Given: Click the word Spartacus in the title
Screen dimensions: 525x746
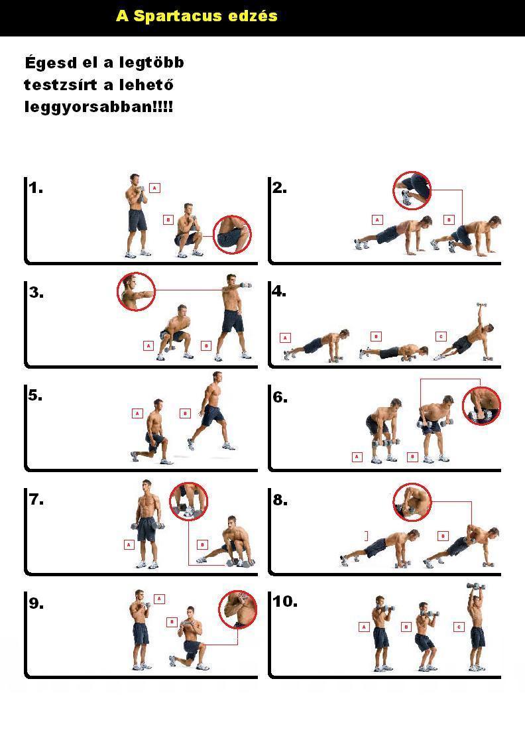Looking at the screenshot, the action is click(x=178, y=16).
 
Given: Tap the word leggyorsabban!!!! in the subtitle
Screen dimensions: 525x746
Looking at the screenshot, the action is click(x=98, y=107).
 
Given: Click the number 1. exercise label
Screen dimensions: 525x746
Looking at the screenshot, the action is click(x=36, y=188).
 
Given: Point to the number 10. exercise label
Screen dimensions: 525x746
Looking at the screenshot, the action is click(x=285, y=601).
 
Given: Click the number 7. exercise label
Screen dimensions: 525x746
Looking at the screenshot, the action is click(x=36, y=499).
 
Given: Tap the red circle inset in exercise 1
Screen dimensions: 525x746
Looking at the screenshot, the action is click(x=232, y=234).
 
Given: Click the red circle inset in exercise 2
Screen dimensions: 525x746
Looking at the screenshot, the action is click(x=412, y=190).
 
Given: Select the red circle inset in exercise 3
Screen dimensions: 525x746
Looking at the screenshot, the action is click(x=136, y=292).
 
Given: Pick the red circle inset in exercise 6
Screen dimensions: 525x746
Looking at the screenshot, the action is click(x=482, y=406).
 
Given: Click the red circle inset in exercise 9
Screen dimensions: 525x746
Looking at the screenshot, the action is click(x=238, y=609).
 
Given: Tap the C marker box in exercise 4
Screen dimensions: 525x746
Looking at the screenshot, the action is click(x=441, y=336).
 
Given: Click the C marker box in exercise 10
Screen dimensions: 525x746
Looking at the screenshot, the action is click(x=459, y=627).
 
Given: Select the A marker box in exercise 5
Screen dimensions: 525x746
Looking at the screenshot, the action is click(x=137, y=413).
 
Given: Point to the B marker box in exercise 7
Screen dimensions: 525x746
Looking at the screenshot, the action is click(x=203, y=544).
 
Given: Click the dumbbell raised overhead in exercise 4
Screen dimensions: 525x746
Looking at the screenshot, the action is click(x=481, y=304).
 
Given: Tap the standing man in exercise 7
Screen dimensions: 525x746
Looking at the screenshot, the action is click(x=147, y=524).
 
